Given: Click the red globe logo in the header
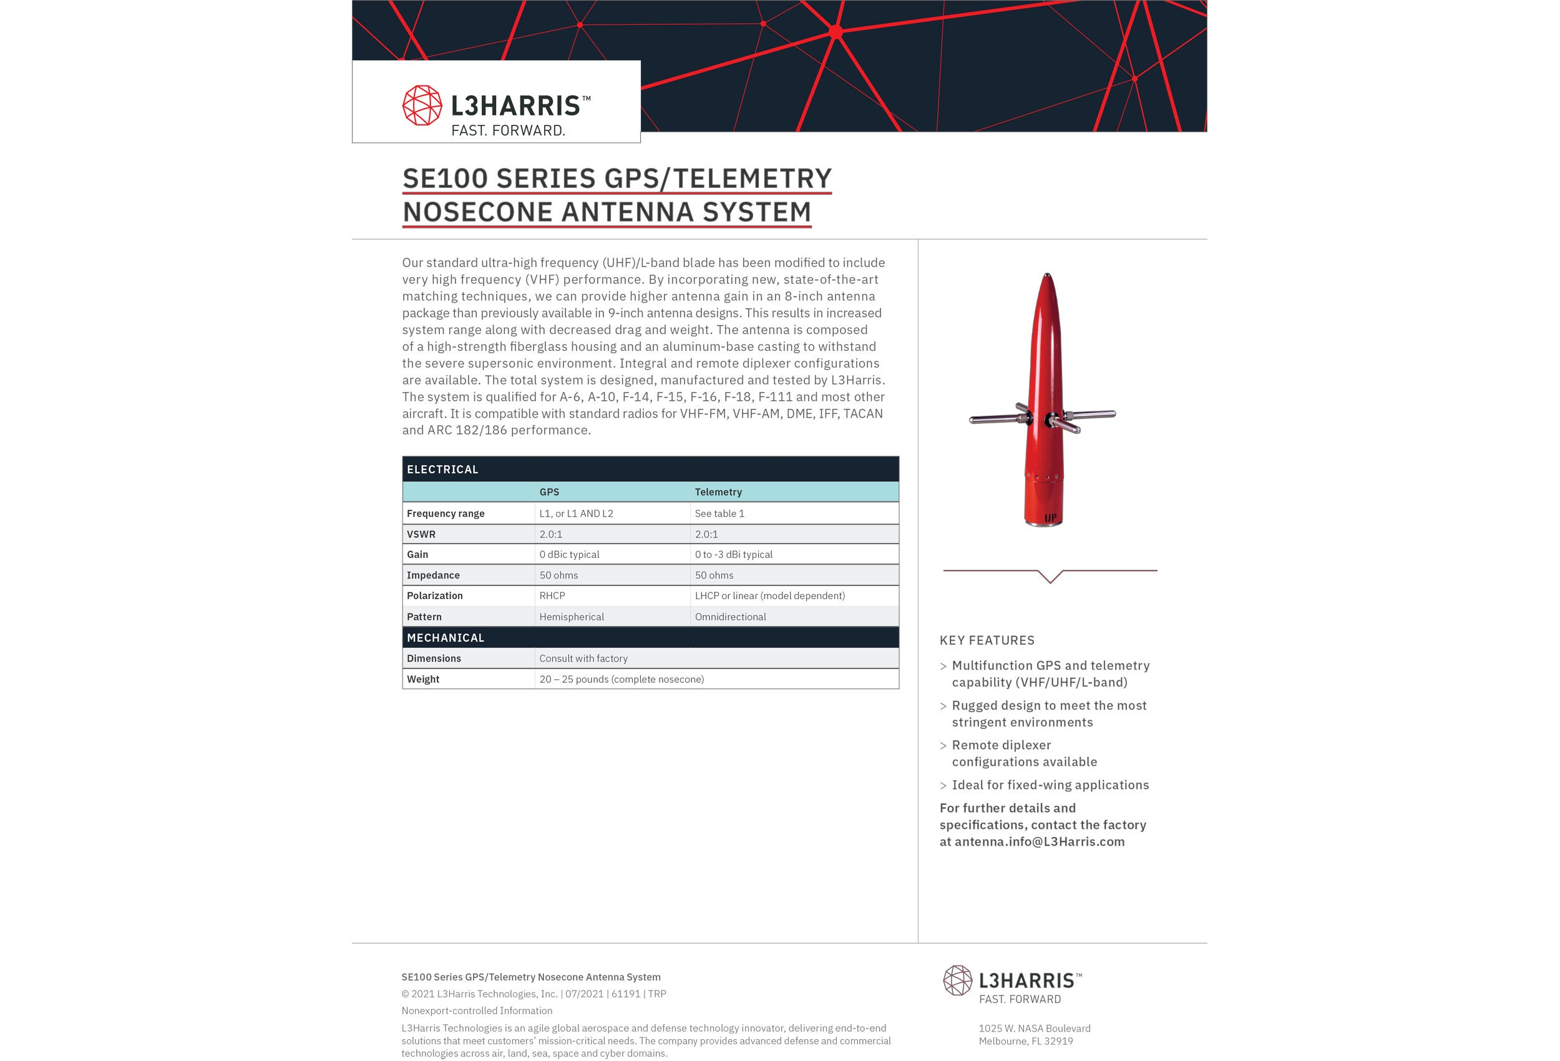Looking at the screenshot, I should (422, 105).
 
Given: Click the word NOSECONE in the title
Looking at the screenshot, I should (477, 212).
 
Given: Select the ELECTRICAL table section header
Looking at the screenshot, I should (442, 469).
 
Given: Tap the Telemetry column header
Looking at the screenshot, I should (718, 492).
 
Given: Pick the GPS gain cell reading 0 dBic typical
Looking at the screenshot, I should (569, 555).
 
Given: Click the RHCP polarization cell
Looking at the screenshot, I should (552, 595).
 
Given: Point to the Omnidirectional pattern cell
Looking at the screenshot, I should (730, 617).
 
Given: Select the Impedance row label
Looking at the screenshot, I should (433, 575).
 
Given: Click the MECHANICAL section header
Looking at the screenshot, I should (445, 638).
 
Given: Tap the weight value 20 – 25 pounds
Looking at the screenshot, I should (622, 680).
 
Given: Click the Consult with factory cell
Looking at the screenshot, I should (583, 659).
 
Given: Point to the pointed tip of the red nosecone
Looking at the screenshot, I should (1047, 275).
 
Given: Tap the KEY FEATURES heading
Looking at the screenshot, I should (987, 640).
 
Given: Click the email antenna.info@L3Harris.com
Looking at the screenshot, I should (1039, 842).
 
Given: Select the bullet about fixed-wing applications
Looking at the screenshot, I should (1050, 785).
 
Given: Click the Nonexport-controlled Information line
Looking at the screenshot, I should (477, 1010).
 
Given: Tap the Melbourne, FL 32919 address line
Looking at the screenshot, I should (1026, 1042).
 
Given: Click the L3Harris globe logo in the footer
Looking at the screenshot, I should (957, 980).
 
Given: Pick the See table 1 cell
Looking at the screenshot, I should (719, 514).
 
